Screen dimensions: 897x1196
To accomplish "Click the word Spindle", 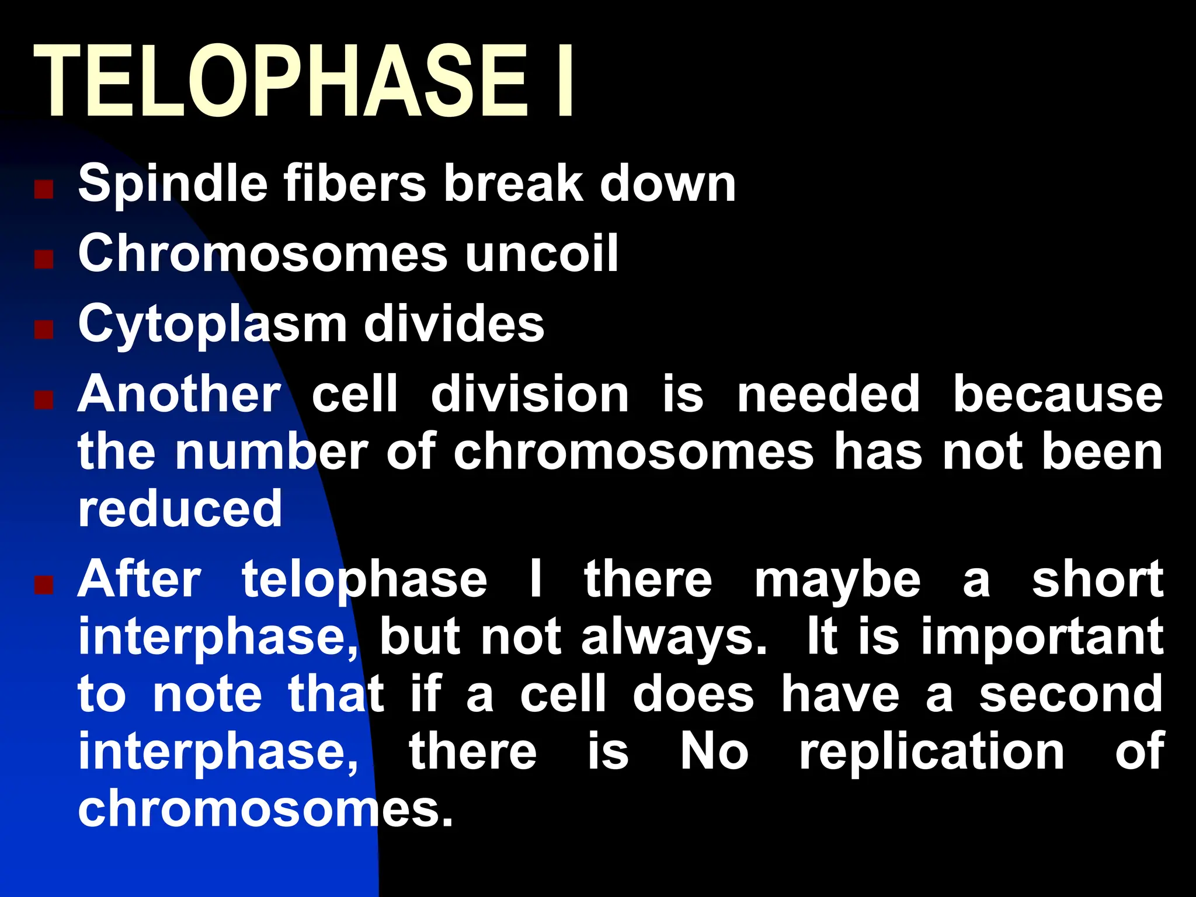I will tap(173, 185).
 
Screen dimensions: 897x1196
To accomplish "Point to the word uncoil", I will tap(542, 253).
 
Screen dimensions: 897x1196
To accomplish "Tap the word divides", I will tap(454, 324).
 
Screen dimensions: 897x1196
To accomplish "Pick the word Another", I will tap(179, 395).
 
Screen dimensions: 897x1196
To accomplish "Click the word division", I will tap(530, 395).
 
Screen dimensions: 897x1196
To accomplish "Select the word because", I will tap(1058, 395).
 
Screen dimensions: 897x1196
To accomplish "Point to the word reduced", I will tap(180, 509).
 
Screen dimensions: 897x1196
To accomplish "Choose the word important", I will tap(1042, 638).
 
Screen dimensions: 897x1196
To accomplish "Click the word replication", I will tap(931, 753).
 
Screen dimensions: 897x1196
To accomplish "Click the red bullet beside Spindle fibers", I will tap(44, 189).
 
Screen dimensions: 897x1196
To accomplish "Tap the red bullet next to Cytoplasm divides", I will tap(44, 329).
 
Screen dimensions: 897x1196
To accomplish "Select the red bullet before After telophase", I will tap(44, 585).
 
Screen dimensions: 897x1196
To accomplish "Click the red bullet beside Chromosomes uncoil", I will tap(44, 259).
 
